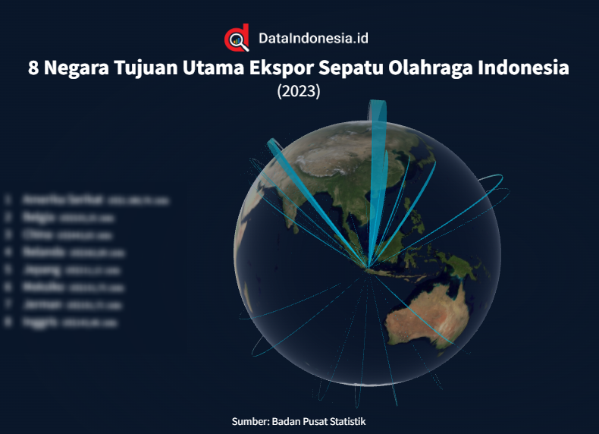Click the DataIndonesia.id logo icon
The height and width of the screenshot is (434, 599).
pyautogui.click(x=237, y=38)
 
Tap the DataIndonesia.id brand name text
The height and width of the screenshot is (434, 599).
pyautogui.click(x=313, y=38)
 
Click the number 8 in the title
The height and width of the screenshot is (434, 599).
pyautogui.click(x=34, y=68)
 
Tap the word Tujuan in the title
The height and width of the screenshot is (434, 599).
pyautogui.click(x=147, y=68)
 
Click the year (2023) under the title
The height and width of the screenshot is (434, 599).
pyautogui.click(x=299, y=92)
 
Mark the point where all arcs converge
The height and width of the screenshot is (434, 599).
pyautogui.click(x=368, y=267)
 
